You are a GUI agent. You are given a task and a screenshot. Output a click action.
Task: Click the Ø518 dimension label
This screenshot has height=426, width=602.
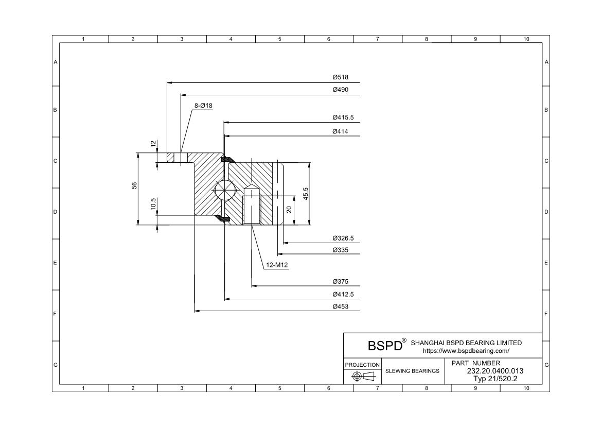pyautogui.click(x=340, y=77)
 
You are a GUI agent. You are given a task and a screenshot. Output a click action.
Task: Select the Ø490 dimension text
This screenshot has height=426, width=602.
pyautogui.click(x=340, y=90)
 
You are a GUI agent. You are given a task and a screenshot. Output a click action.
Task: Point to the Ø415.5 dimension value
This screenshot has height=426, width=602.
pyautogui.click(x=343, y=117)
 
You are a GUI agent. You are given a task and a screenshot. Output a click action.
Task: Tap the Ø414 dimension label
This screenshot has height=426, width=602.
pyautogui.click(x=340, y=131)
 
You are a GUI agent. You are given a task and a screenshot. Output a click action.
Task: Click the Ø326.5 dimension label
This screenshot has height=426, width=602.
pyautogui.click(x=343, y=238)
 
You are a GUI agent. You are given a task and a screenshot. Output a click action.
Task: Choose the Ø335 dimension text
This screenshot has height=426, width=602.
pyautogui.click(x=340, y=250)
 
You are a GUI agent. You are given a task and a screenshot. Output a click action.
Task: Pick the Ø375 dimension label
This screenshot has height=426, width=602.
pyautogui.click(x=340, y=282)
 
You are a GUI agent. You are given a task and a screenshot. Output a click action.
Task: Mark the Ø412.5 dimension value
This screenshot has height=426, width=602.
pyautogui.click(x=343, y=295)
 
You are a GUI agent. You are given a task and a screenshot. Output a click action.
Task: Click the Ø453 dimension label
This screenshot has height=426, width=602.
pyautogui.click(x=340, y=306)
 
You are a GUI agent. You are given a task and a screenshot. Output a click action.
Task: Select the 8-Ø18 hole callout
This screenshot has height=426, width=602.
pyautogui.click(x=203, y=106)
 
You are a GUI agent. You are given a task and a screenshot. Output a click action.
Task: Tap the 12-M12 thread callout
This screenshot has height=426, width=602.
pyautogui.click(x=277, y=266)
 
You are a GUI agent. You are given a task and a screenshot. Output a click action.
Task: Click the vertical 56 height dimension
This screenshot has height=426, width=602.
pyautogui.click(x=134, y=185)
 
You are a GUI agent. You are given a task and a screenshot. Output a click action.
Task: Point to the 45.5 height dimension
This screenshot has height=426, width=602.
pyautogui.click(x=306, y=194)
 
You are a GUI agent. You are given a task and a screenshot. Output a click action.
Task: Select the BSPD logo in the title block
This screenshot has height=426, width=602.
pyautogui.click(x=385, y=345)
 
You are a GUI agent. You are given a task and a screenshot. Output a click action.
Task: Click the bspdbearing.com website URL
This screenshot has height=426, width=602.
pyautogui.click(x=466, y=351)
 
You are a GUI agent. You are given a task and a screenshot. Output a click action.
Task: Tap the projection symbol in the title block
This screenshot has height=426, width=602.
pyautogui.click(x=362, y=377)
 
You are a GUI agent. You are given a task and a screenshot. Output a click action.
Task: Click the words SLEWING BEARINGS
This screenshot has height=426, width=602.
pyautogui.click(x=412, y=371)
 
